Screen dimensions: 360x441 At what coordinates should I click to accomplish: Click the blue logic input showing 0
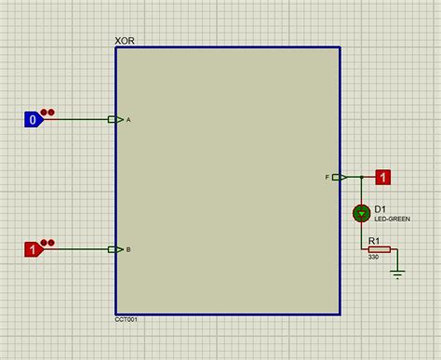[x=33, y=119]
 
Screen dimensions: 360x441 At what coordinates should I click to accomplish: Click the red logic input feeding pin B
[x=33, y=249]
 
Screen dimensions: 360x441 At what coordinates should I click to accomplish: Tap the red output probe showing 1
[x=382, y=177]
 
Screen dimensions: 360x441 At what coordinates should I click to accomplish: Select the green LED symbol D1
[x=361, y=214]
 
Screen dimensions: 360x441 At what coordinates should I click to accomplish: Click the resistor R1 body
[x=379, y=249]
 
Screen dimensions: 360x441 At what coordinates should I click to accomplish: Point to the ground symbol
[x=398, y=273]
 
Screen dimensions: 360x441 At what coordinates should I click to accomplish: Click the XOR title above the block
[x=125, y=42]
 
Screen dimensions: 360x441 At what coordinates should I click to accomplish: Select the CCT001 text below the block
[x=127, y=319]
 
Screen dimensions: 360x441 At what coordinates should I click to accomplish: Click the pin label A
[x=128, y=120]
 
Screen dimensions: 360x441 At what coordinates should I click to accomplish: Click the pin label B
[x=128, y=250]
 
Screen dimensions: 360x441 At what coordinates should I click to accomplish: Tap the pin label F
[x=327, y=177]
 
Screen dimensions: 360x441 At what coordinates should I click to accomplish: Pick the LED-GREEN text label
[x=391, y=219]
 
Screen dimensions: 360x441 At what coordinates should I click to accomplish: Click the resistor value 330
[x=373, y=258]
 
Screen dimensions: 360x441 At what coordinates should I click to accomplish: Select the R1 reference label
[x=375, y=241]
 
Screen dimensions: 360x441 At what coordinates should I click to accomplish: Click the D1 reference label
[x=381, y=209]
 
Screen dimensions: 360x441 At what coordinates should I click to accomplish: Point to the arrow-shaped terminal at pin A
[x=115, y=119]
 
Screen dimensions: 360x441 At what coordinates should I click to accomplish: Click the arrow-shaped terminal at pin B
[x=115, y=249]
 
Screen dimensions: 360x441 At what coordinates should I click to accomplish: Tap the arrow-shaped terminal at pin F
[x=340, y=177]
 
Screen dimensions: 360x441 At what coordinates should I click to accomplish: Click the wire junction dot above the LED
[x=361, y=177]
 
